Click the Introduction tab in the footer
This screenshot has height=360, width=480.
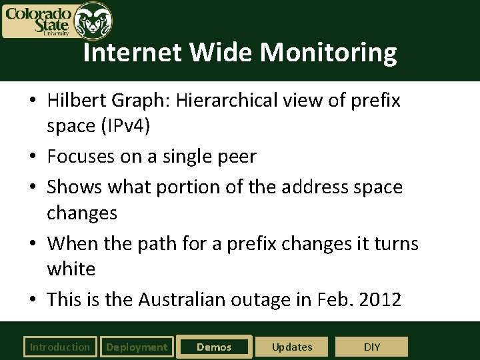tap(59, 347)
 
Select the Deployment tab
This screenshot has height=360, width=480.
tap(137, 347)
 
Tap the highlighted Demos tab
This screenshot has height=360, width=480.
tap(214, 347)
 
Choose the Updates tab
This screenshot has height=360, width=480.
tap(292, 347)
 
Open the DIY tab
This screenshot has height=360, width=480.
tap(372, 347)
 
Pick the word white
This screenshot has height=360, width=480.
tap(71, 269)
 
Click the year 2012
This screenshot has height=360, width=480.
tap(379, 299)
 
